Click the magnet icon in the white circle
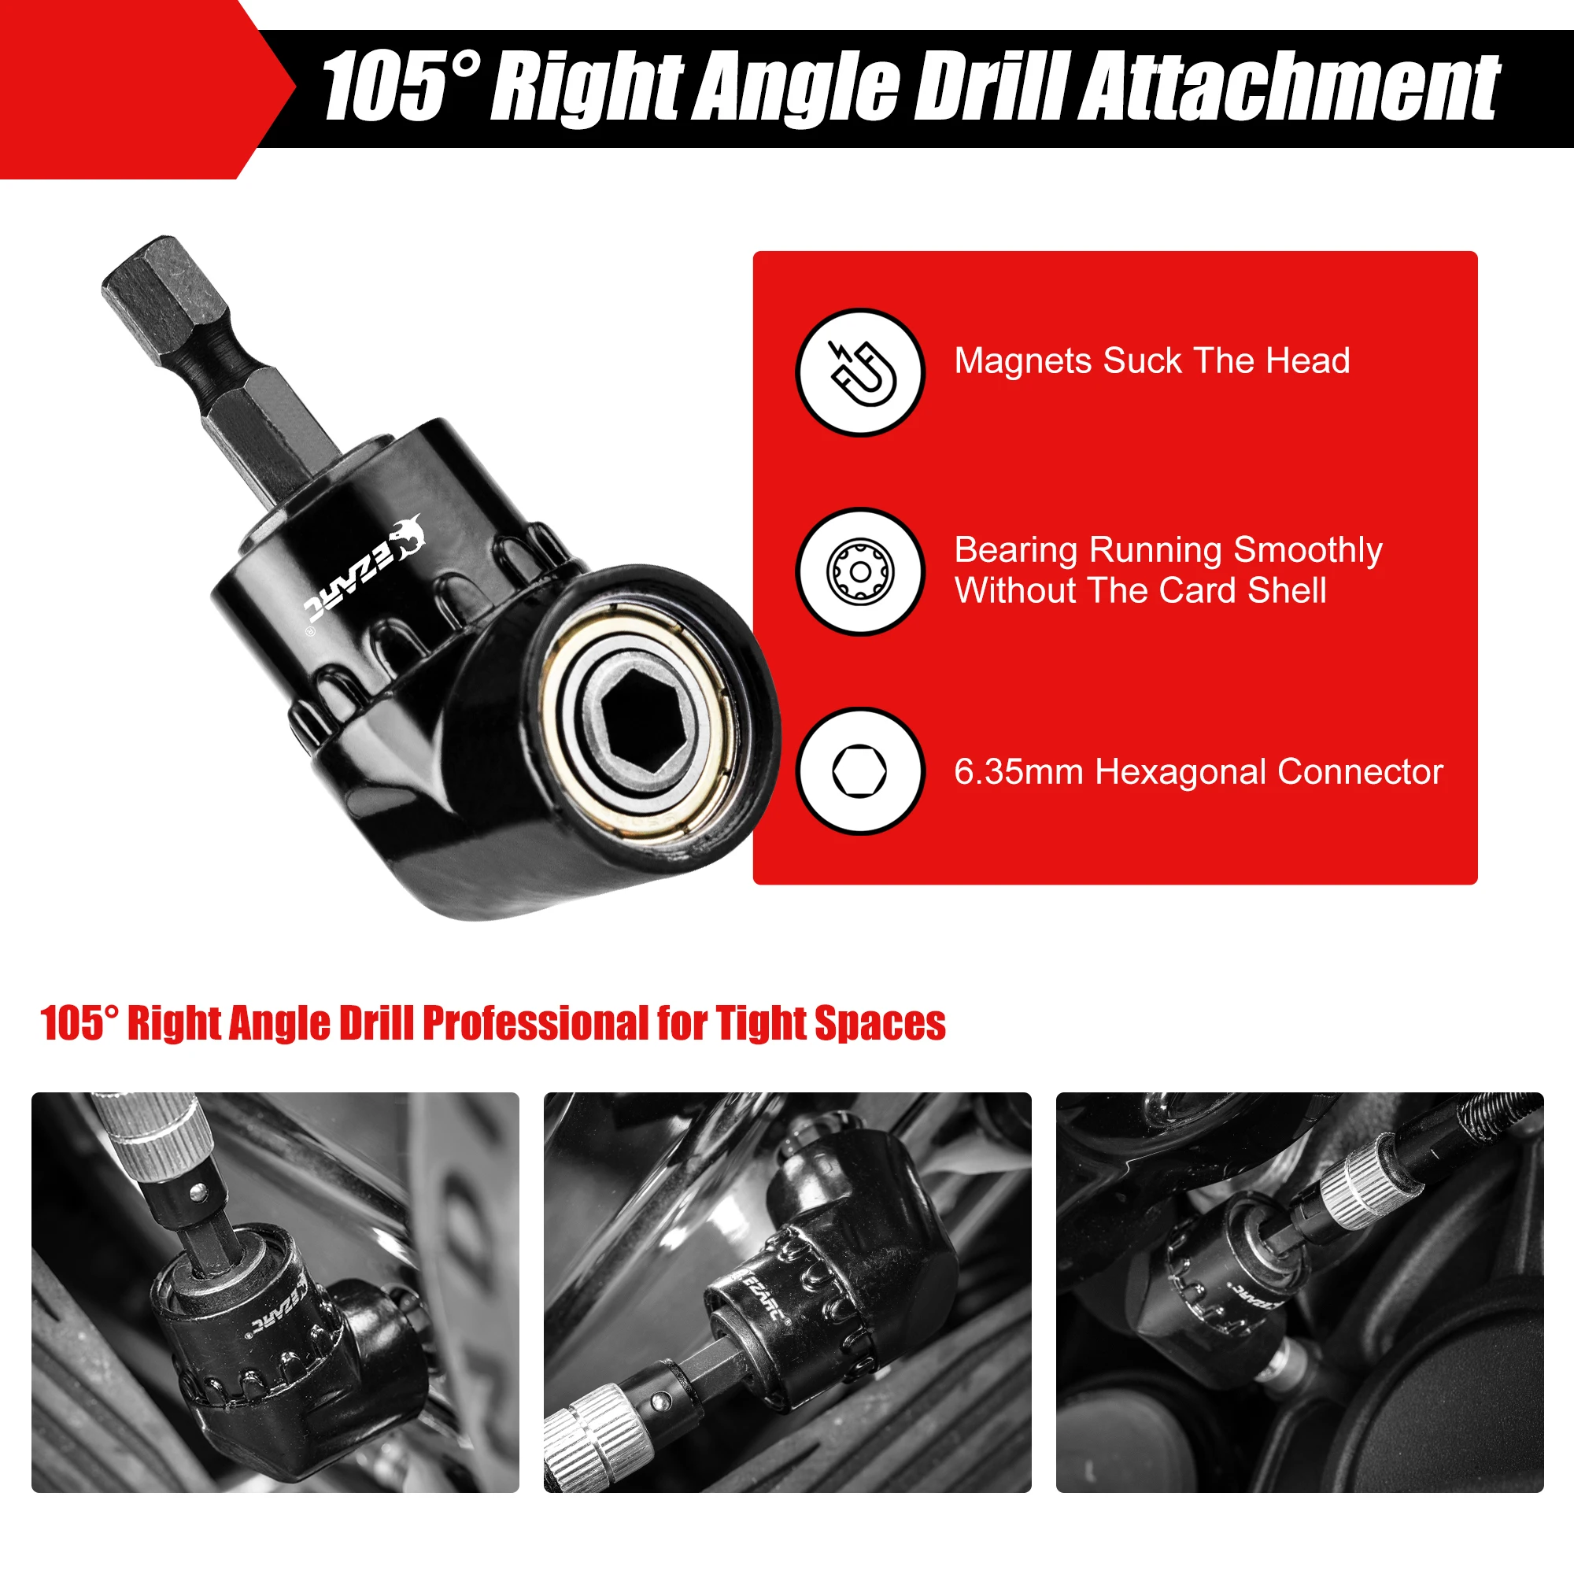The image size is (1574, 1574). pos(862,372)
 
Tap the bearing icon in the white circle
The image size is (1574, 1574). pos(860,571)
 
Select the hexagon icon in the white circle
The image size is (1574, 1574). pos(859,770)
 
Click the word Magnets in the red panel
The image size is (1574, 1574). pos(1022,361)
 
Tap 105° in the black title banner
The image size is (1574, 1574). pos(400,86)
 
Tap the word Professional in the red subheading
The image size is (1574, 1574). pos(536,1023)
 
